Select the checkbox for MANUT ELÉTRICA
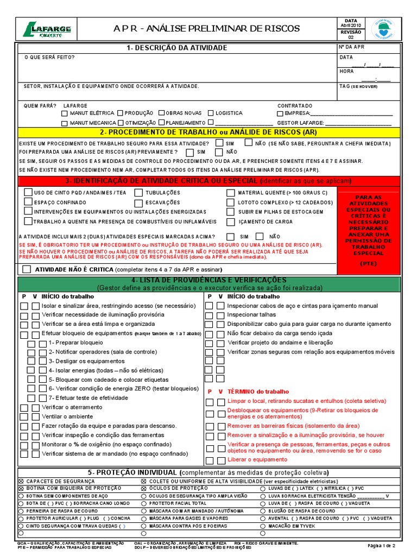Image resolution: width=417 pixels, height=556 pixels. [65, 113]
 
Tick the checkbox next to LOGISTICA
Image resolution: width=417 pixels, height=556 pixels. [210, 113]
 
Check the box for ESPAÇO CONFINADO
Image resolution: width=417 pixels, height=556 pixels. [28, 202]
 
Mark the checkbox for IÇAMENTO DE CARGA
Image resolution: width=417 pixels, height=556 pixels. [231, 222]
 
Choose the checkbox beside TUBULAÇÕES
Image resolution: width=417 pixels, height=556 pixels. [139, 193]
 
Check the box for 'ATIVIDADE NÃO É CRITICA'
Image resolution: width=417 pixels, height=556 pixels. [27, 269]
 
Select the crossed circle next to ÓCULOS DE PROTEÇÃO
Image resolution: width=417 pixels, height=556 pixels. [143, 489]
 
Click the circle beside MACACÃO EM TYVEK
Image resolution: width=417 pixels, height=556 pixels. [263, 526]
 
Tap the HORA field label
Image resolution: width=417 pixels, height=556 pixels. [346, 71]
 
